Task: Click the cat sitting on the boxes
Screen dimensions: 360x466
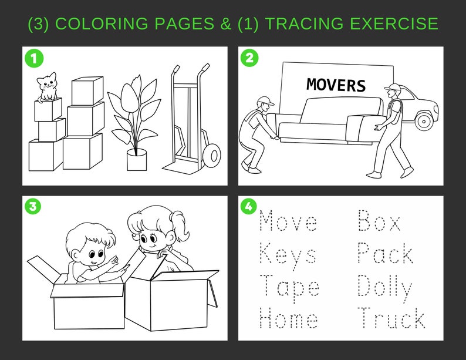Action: [48, 87]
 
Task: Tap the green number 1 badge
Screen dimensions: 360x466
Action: [33, 59]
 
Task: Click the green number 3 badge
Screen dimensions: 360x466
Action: [33, 207]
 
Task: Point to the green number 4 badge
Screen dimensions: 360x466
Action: [249, 207]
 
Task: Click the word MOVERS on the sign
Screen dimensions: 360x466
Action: [336, 85]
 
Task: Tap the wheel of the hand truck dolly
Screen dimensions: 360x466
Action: [211, 156]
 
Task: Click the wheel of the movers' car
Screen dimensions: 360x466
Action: [423, 121]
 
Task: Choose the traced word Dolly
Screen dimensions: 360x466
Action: [384, 287]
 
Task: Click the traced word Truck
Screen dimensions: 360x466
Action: [391, 319]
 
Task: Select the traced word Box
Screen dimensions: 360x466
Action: [380, 222]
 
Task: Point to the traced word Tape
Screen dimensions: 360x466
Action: [289, 287]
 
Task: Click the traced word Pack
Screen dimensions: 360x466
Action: [385, 254]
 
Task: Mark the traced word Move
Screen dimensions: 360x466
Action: [288, 222]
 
